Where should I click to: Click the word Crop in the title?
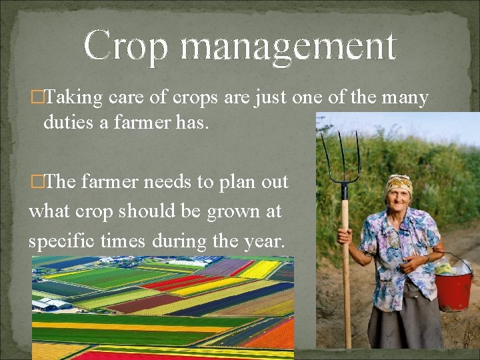(x=127, y=46)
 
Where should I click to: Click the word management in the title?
(x=288, y=46)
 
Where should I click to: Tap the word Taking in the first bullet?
(x=73, y=98)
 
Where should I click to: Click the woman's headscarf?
(x=399, y=182)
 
